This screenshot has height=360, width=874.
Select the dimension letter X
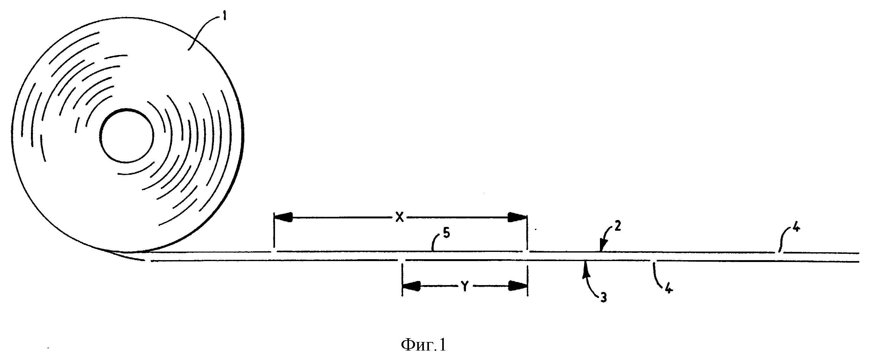click(400, 218)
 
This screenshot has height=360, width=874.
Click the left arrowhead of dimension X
click(284, 217)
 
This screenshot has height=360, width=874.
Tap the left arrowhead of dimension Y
click(412, 287)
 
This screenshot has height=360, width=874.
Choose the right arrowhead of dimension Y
click(518, 287)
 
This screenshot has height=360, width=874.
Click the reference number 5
click(447, 234)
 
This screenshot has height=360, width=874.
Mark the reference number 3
click(603, 297)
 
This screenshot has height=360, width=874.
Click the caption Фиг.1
click(424, 345)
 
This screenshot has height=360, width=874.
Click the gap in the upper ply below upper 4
click(780, 253)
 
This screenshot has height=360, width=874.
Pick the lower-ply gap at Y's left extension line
click(402, 260)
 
